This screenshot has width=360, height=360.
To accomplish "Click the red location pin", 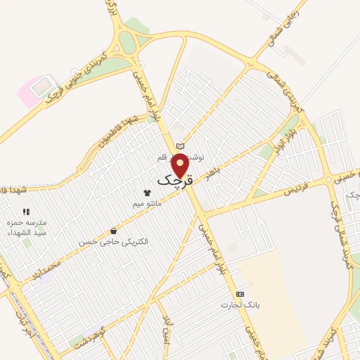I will tap(181, 165).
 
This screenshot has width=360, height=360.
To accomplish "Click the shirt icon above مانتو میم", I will tap(147, 192).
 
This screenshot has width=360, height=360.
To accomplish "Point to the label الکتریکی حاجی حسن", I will tap(114, 242).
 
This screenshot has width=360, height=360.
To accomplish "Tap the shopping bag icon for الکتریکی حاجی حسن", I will tap(113, 231).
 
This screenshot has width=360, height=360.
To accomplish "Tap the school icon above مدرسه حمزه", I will tap(27, 211).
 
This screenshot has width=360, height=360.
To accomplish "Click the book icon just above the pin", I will tap(181, 146).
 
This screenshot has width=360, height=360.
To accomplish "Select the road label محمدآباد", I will tap(50, 268).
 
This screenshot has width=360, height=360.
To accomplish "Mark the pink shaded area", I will tap(32, 92).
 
